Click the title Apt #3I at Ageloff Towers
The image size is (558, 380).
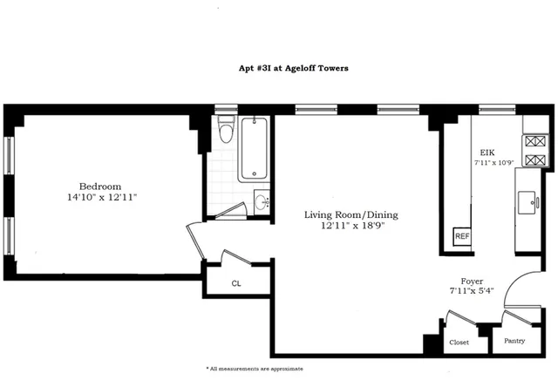point(278,68)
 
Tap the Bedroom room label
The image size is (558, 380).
point(99,186)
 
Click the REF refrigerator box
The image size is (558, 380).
point(461,236)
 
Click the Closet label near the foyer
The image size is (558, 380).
point(459,343)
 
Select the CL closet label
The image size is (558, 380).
point(236,283)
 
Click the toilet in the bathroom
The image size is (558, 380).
point(226,131)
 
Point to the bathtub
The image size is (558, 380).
point(256,148)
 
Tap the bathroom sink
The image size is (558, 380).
point(262,202)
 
